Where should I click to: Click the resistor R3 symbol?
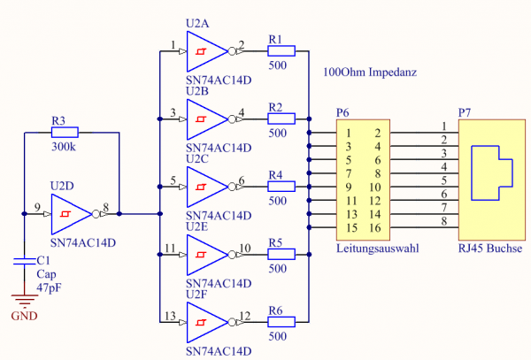click(x=65, y=133)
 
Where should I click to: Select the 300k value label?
click(x=64, y=147)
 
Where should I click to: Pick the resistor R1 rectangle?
click(x=278, y=52)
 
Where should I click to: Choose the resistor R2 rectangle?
click(x=278, y=119)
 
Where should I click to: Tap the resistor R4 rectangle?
click(x=278, y=187)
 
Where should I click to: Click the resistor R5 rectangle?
click(x=278, y=255)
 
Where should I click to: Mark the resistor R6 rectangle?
click(x=278, y=322)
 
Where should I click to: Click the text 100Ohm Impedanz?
click(x=370, y=71)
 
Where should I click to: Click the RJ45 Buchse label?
click(x=489, y=250)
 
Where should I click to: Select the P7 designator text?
click(x=465, y=112)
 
